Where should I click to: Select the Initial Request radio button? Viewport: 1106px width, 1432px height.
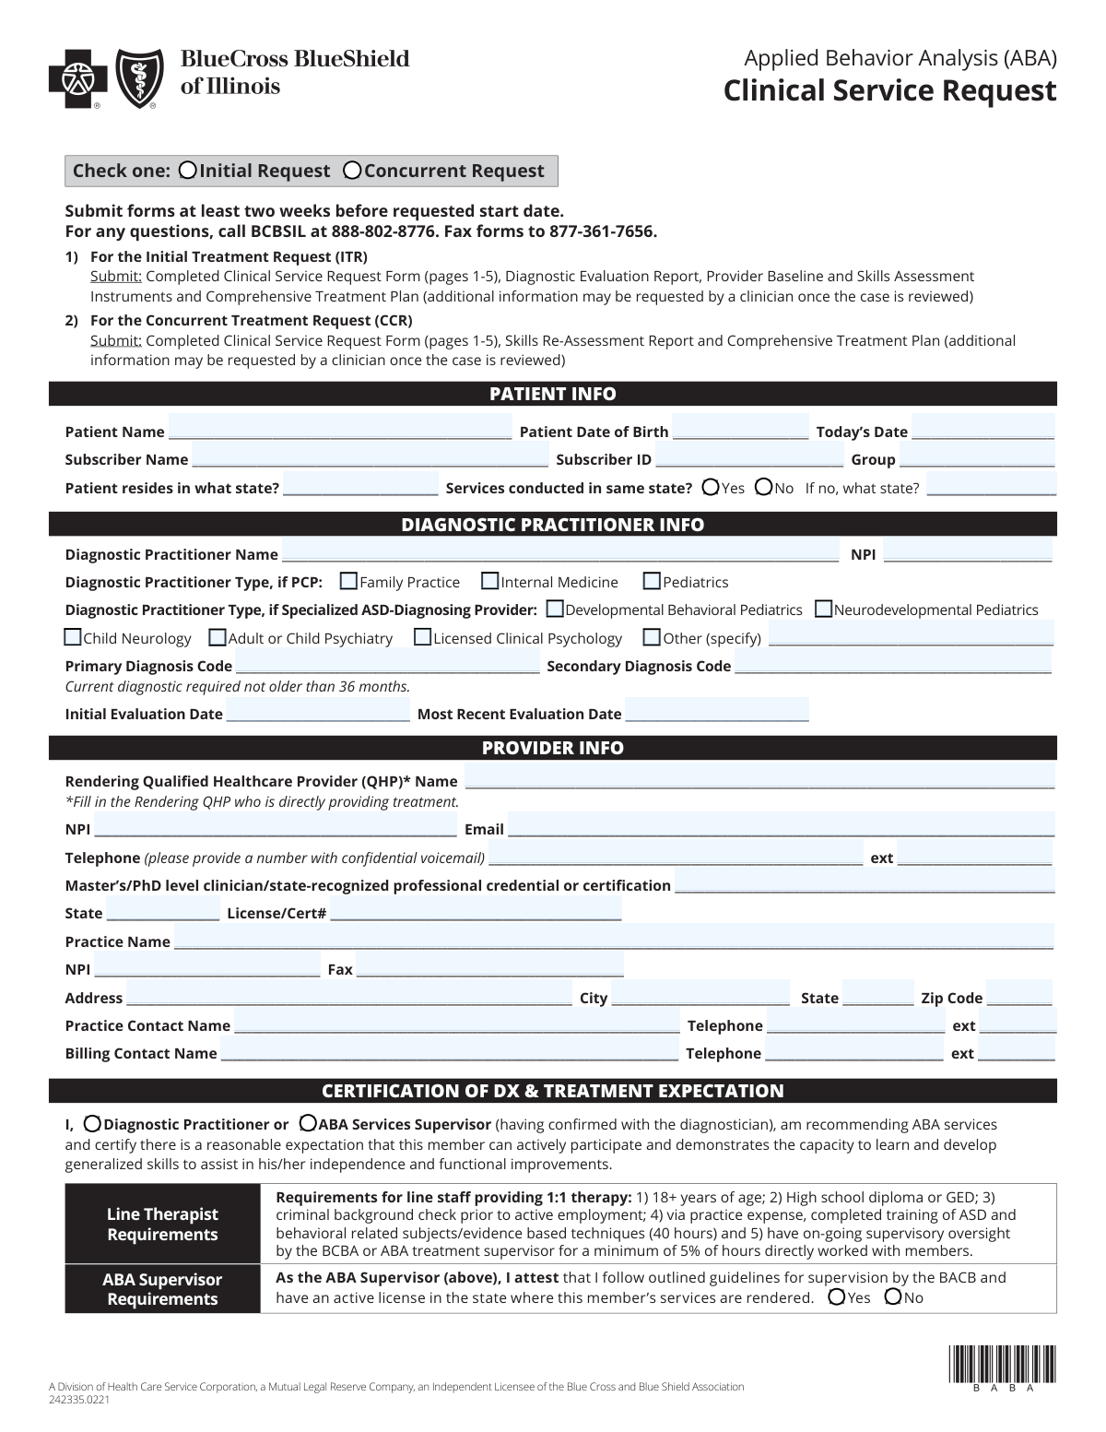(x=188, y=170)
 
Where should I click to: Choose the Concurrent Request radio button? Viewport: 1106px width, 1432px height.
(x=352, y=170)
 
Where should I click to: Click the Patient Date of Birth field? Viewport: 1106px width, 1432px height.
(x=740, y=431)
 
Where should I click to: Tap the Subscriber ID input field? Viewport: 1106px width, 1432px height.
(x=749, y=458)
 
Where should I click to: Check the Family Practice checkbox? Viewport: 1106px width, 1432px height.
(x=348, y=581)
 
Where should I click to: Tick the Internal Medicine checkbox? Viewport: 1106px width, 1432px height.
(x=490, y=581)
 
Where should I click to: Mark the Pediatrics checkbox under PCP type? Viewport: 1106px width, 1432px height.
(x=652, y=581)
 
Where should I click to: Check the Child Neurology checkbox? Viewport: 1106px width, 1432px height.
(x=73, y=637)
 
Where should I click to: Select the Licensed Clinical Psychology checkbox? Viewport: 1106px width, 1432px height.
(x=422, y=637)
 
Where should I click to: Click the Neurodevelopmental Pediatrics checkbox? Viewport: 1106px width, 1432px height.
(x=824, y=609)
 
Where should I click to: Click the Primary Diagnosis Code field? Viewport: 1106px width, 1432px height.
(x=387, y=665)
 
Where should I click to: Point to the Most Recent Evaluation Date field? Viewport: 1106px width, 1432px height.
(x=717, y=713)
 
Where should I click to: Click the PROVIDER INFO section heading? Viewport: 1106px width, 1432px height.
(x=553, y=748)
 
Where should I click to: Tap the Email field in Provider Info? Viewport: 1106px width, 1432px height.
(x=781, y=828)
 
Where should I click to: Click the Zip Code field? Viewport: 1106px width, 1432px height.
(x=1019, y=997)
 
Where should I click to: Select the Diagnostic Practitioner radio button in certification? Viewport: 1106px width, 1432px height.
(x=92, y=1124)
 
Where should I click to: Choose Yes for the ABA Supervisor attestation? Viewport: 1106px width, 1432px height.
(x=837, y=1296)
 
